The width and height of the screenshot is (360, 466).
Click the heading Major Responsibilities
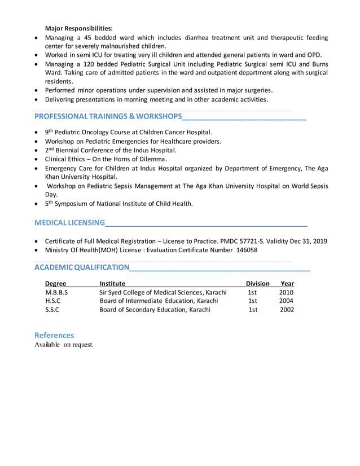pyautogui.click(x=78, y=28)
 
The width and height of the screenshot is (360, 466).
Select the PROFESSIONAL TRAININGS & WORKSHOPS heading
pyautogui.click(x=108, y=117)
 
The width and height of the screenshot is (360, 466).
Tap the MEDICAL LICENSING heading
pyautogui.click(x=69, y=223)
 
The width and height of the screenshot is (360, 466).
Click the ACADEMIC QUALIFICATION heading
pyautogui.click(x=82, y=267)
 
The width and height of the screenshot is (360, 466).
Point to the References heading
pyautogui.click(x=54, y=335)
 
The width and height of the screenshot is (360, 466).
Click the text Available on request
pyautogui.click(x=64, y=345)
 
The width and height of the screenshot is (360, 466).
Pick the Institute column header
pyautogui.click(x=112, y=283)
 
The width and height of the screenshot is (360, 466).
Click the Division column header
pyautogui.click(x=257, y=283)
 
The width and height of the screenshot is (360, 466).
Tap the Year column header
pyautogui.click(x=287, y=283)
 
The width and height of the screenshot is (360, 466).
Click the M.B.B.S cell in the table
pyautogui.click(x=56, y=292)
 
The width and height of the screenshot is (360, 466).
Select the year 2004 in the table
pyautogui.click(x=287, y=301)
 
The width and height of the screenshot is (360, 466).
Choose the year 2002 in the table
pyautogui.click(x=287, y=310)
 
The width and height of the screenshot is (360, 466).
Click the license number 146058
pyautogui.click(x=247, y=250)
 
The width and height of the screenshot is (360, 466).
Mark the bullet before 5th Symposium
pyautogui.click(x=37, y=204)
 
